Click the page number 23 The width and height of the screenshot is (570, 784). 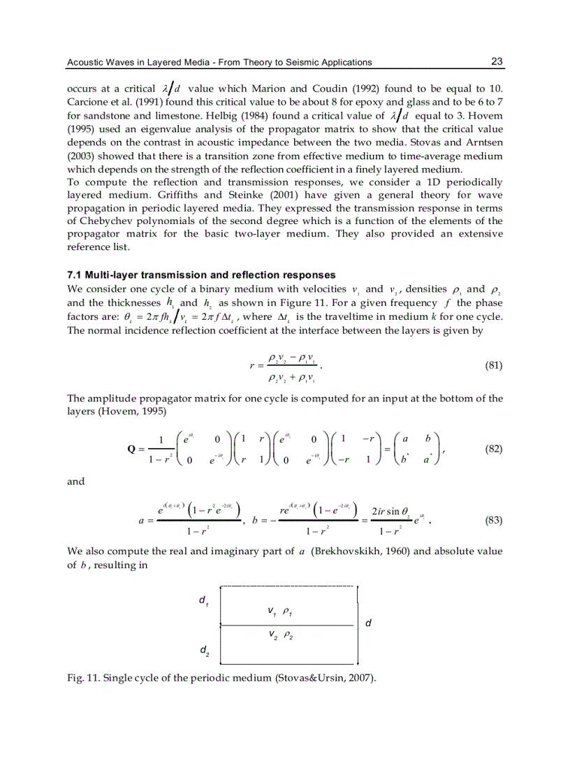tap(497, 61)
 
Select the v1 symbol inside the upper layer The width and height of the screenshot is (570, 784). tap(272, 612)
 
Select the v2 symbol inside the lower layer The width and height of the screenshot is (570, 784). tap(272, 635)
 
